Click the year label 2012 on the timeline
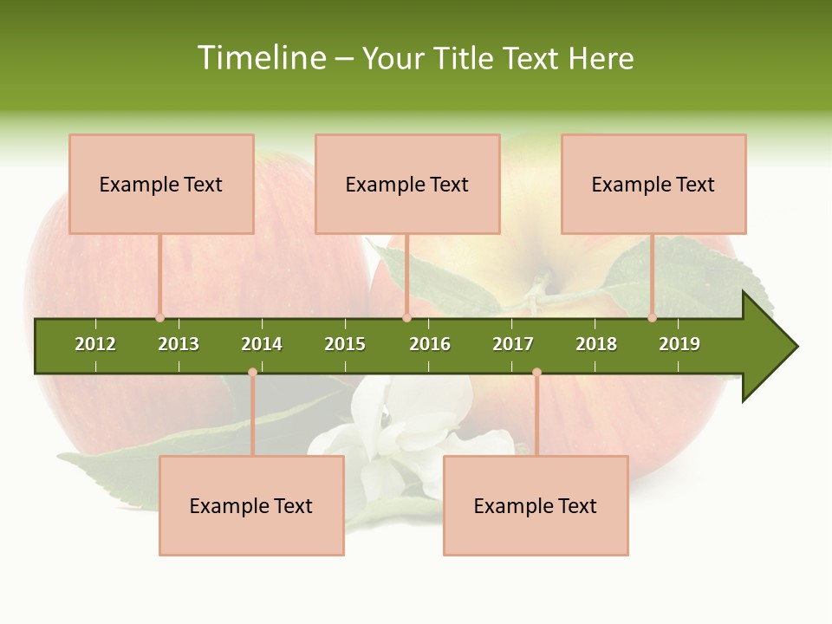pyautogui.click(x=95, y=344)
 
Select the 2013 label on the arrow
pyautogui.click(x=179, y=344)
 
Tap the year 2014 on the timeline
pyautogui.click(x=262, y=344)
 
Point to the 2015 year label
pyautogui.click(x=345, y=344)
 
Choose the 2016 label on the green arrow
pyautogui.click(x=430, y=344)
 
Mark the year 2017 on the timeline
pyautogui.click(x=513, y=344)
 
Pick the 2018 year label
pyautogui.click(x=596, y=344)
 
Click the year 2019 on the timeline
pyautogui.click(x=679, y=344)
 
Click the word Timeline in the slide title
pyautogui.click(x=262, y=58)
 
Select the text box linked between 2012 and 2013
pyautogui.click(x=161, y=184)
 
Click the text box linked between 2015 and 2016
pyautogui.click(x=407, y=184)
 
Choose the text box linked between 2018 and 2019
pyautogui.click(x=653, y=184)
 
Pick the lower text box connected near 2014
pyautogui.click(x=251, y=505)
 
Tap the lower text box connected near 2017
pyautogui.click(x=536, y=505)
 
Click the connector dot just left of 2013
pyautogui.click(x=159, y=317)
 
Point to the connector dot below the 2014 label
pyautogui.click(x=252, y=373)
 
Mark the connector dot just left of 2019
pyautogui.click(x=652, y=317)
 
